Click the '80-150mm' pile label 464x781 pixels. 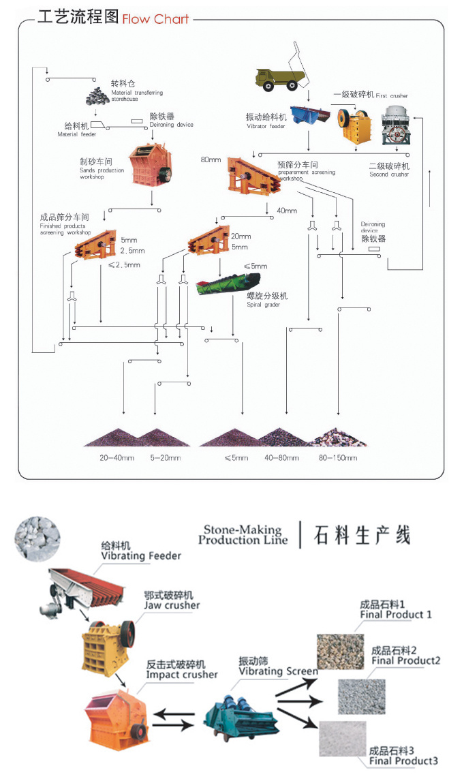click(338, 458)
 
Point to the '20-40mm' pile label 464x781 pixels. click(116, 458)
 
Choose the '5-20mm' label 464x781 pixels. click(166, 458)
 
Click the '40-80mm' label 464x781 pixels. click(281, 458)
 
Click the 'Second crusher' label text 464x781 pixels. click(389, 174)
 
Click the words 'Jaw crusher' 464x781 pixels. click(172, 605)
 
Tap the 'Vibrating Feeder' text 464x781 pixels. click(141, 556)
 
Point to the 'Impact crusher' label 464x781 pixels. click(182, 675)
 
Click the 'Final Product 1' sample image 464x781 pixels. click(340, 650)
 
